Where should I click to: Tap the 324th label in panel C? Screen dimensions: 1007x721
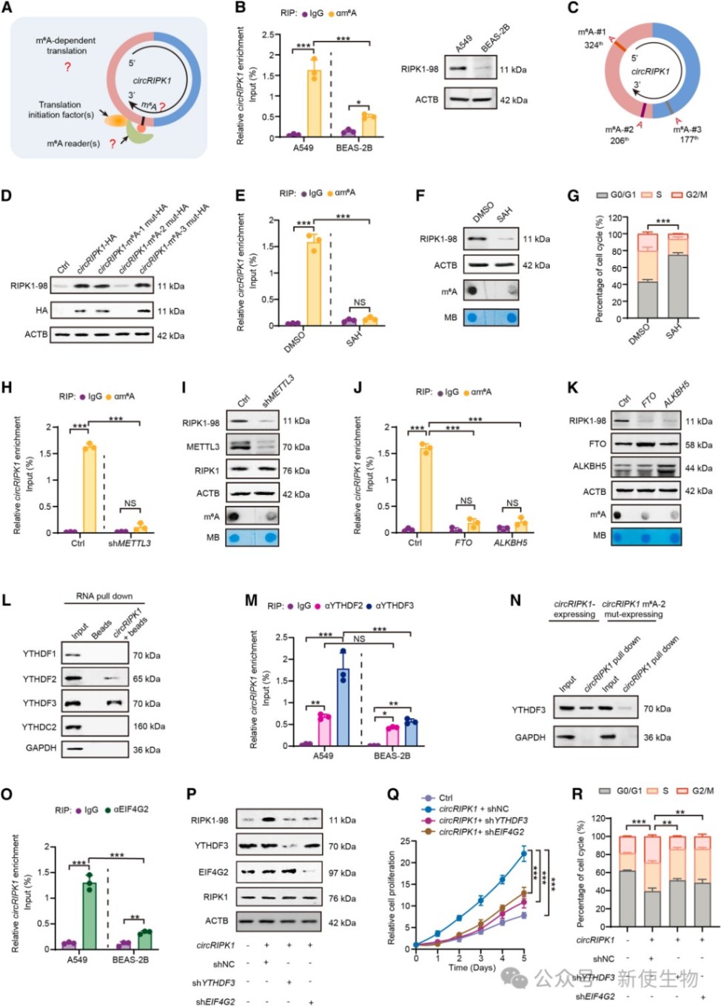pos(593,45)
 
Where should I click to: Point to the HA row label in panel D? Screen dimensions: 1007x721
pos(41,310)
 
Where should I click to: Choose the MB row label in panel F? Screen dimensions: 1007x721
pos(450,317)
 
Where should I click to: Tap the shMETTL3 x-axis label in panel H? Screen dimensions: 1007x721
pos(130,543)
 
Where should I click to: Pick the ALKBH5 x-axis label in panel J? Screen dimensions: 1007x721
pos(511,543)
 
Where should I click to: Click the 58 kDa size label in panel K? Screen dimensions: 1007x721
pos(699,445)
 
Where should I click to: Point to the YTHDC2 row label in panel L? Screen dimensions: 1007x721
pos(39,727)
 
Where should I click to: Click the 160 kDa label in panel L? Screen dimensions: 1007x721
pos(149,726)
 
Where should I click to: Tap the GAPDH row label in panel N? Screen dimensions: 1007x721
pos(530,737)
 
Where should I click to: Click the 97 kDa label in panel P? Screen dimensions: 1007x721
pos(342,873)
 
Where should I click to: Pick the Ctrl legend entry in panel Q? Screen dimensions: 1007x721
pos(446,798)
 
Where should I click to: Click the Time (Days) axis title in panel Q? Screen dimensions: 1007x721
pos(472,968)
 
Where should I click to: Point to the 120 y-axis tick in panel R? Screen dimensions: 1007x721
pos(598,819)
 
